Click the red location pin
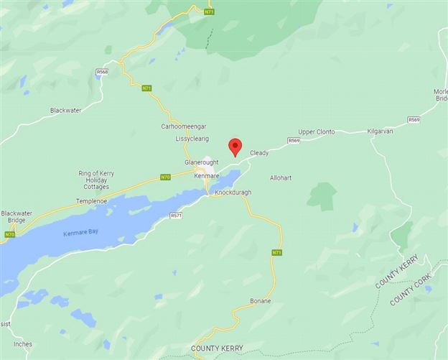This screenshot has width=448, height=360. [x=235, y=147]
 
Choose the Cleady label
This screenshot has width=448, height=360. [x=259, y=153]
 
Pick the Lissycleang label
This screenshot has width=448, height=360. [x=191, y=139]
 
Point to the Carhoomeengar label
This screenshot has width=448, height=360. [x=184, y=126]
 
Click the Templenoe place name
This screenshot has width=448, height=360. [x=91, y=201]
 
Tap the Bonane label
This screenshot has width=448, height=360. [x=260, y=300]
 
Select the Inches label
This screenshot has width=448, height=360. [x=22, y=344]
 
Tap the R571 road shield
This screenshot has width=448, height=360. [x=176, y=215]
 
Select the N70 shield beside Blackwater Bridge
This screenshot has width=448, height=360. [x=9, y=234]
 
